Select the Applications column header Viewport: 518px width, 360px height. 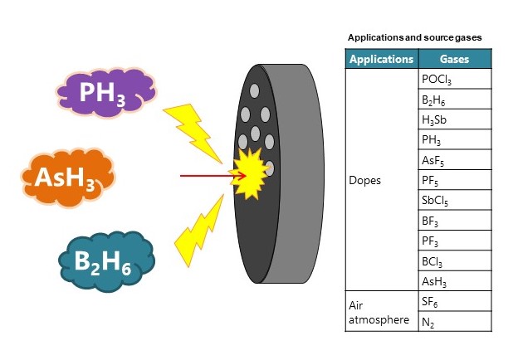381,59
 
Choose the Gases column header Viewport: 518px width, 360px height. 454,59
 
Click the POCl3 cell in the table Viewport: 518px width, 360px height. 454,80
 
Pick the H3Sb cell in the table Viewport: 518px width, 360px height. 454,119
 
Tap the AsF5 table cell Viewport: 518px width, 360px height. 454,160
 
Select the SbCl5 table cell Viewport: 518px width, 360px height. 454,201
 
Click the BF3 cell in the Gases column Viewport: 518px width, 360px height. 454,221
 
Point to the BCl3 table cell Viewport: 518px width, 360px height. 454,261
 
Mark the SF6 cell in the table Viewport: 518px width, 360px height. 454,302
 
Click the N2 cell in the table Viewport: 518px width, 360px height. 454,322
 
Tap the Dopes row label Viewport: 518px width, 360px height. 366,181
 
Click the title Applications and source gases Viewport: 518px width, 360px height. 413,37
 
